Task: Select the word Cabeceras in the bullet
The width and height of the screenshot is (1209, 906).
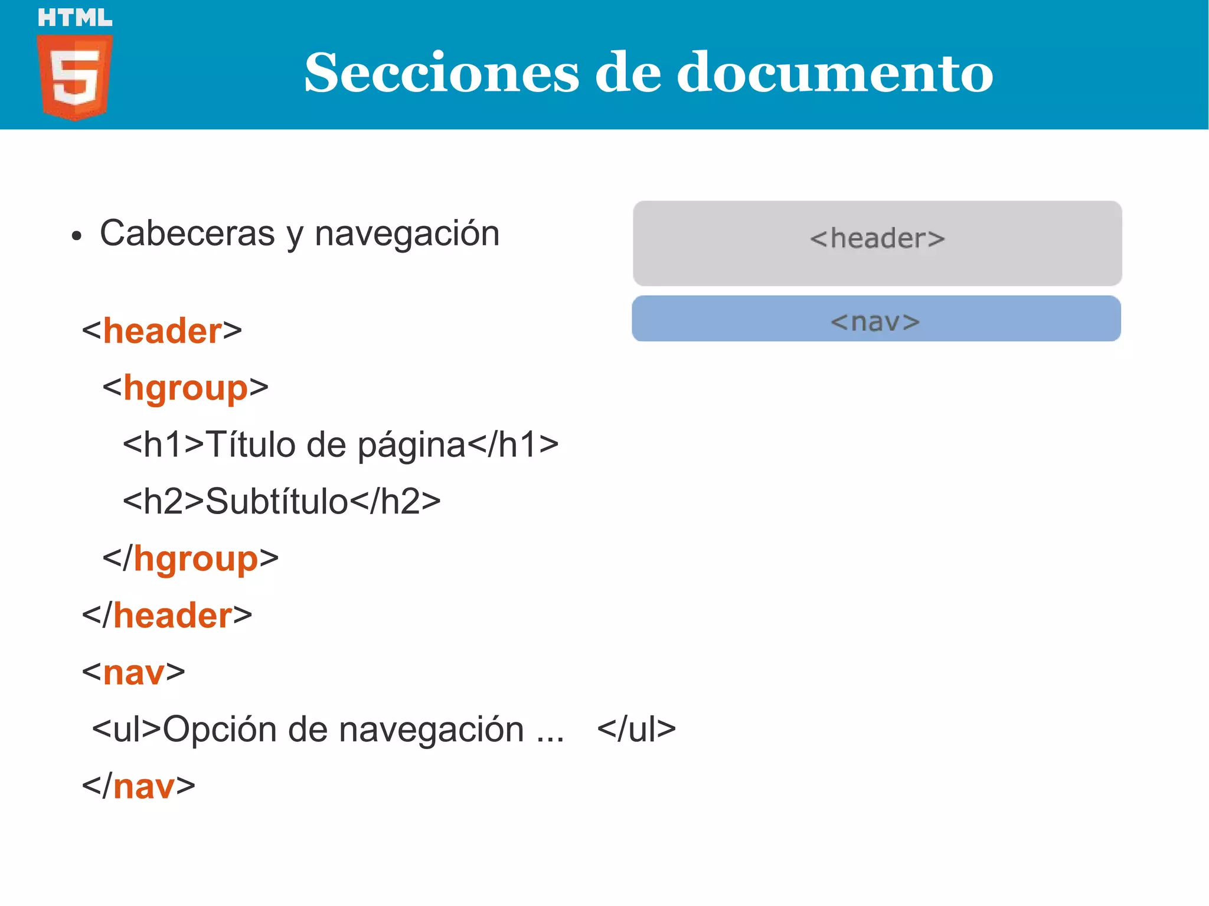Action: pos(187,233)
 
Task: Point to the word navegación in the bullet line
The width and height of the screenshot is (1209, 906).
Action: pos(407,233)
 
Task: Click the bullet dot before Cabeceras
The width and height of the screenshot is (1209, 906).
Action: pos(76,236)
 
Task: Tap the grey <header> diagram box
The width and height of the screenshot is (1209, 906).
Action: pos(877,243)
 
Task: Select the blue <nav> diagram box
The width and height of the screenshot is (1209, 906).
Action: pos(876,319)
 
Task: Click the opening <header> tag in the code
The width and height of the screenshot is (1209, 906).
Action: pos(162,331)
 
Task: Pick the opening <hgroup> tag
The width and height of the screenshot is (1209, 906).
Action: pos(185,388)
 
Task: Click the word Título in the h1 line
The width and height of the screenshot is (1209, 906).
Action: pos(250,444)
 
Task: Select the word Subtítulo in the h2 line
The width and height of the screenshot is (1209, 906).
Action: pos(276,502)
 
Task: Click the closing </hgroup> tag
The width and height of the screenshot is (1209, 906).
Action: pos(190,558)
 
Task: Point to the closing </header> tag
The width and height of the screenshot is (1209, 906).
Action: pos(167,616)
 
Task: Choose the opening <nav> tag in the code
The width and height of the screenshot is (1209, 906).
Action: pos(133,672)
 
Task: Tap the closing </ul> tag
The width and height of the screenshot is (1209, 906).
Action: pos(636,730)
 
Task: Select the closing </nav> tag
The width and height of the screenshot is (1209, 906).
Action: pos(139,786)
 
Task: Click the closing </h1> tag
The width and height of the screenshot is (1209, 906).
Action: pos(513,444)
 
